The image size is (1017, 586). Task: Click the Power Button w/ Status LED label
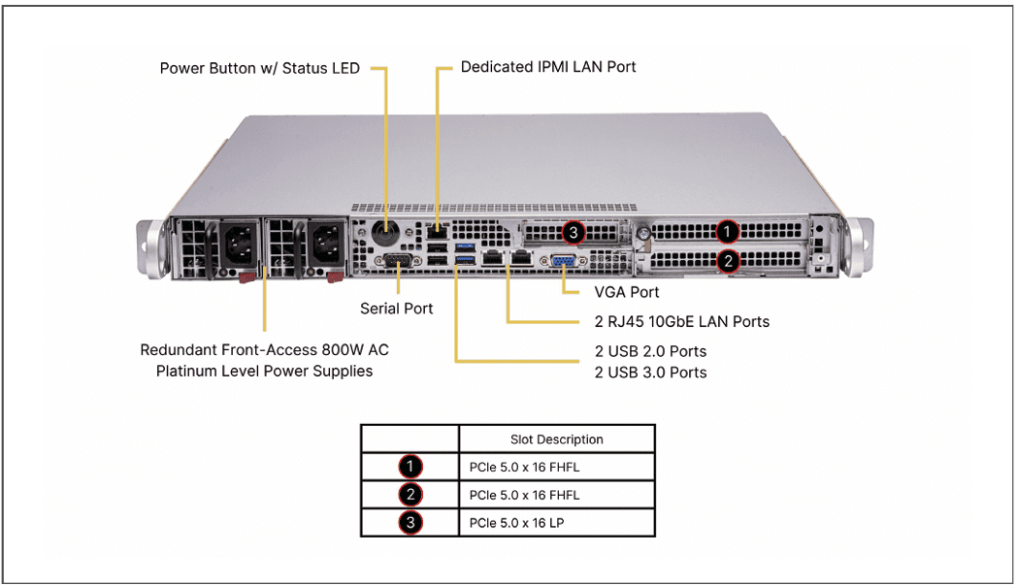[x=259, y=69]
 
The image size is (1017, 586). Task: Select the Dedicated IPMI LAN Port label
[x=548, y=67]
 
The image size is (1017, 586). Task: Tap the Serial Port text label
[x=396, y=309]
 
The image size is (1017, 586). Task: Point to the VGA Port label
[x=626, y=292]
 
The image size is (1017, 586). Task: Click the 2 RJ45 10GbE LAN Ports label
[x=682, y=321]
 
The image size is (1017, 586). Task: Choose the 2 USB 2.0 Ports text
[x=650, y=351]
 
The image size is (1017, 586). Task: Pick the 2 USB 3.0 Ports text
[x=650, y=373]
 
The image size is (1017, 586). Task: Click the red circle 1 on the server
[x=728, y=232]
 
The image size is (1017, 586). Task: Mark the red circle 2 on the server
[x=728, y=260]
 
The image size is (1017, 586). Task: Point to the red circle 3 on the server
[x=574, y=233]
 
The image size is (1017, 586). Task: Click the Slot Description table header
[x=556, y=439]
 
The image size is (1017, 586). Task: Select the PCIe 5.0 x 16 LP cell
[x=516, y=523]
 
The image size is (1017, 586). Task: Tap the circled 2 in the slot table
[x=410, y=495]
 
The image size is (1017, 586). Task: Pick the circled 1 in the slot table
[x=410, y=468]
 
